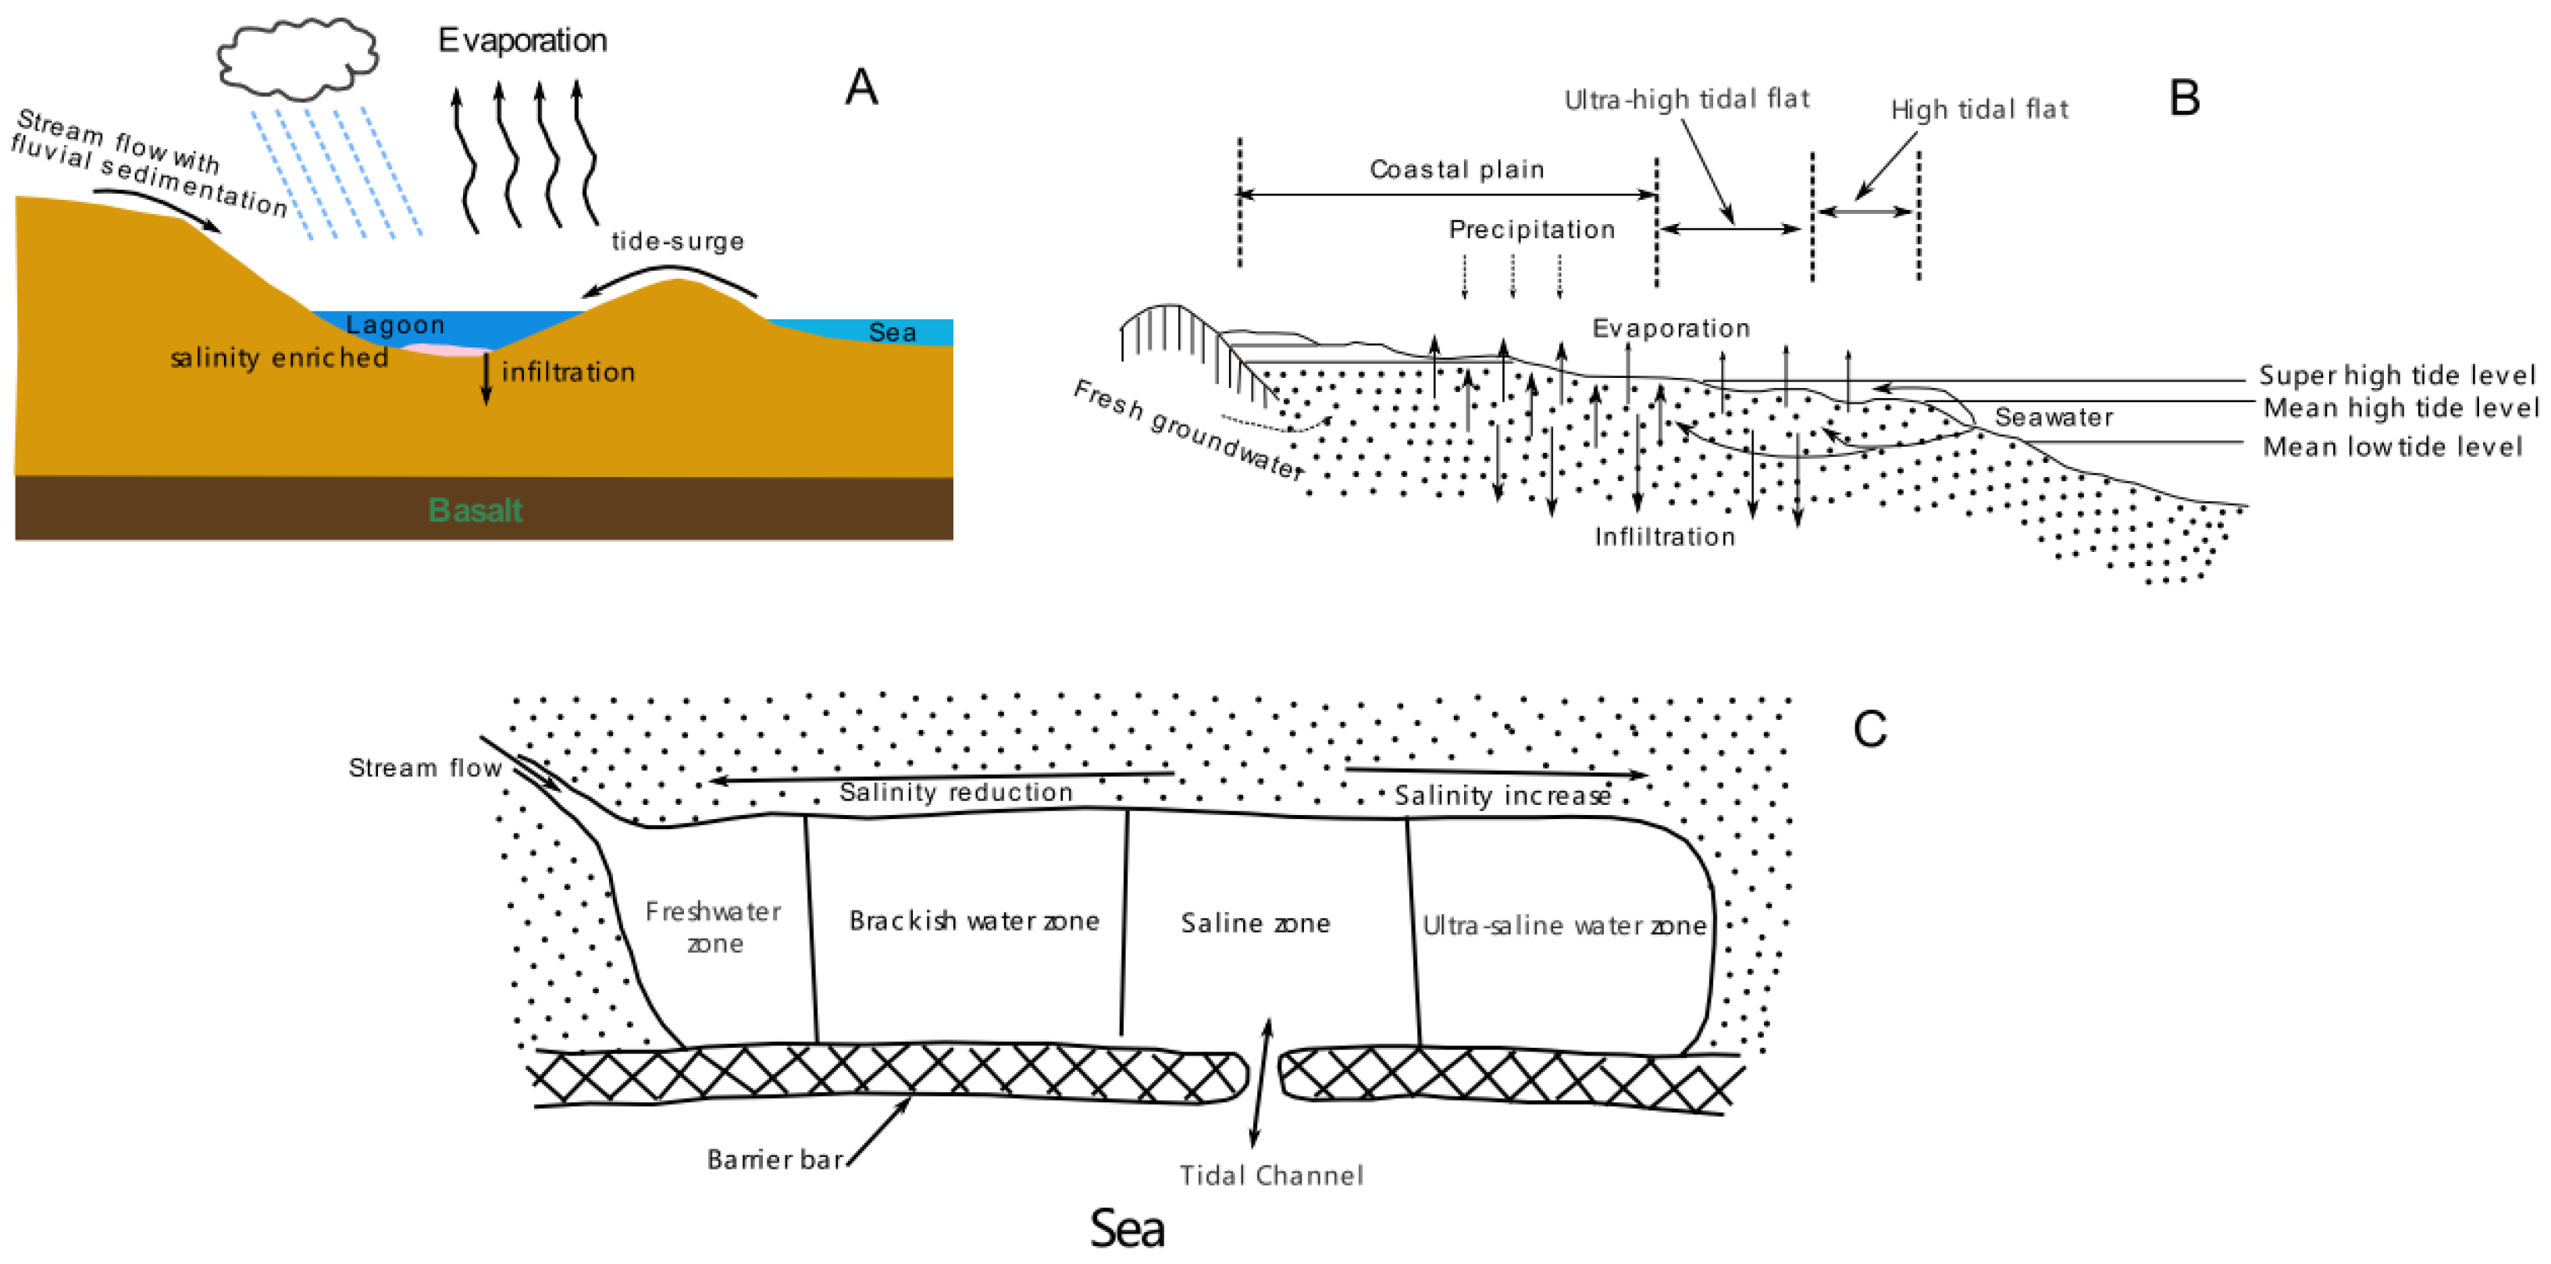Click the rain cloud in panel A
pos(297,58)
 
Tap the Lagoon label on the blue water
pos(394,325)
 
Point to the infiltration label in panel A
pos(568,372)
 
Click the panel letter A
pos(860,87)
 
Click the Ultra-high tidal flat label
pos(1686,99)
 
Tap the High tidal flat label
pos(1979,109)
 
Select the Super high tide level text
pos(2396,376)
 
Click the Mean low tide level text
pos(2392,447)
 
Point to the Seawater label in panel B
pos(2053,417)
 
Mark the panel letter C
pos(1869,729)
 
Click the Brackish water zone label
pos(974,921)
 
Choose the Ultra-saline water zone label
pos(1564,925)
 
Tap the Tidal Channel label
pos(1270,1175)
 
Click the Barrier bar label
pos(775,1159)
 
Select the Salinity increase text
pos(1502,796)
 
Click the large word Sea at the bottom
pos(1126,1228)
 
